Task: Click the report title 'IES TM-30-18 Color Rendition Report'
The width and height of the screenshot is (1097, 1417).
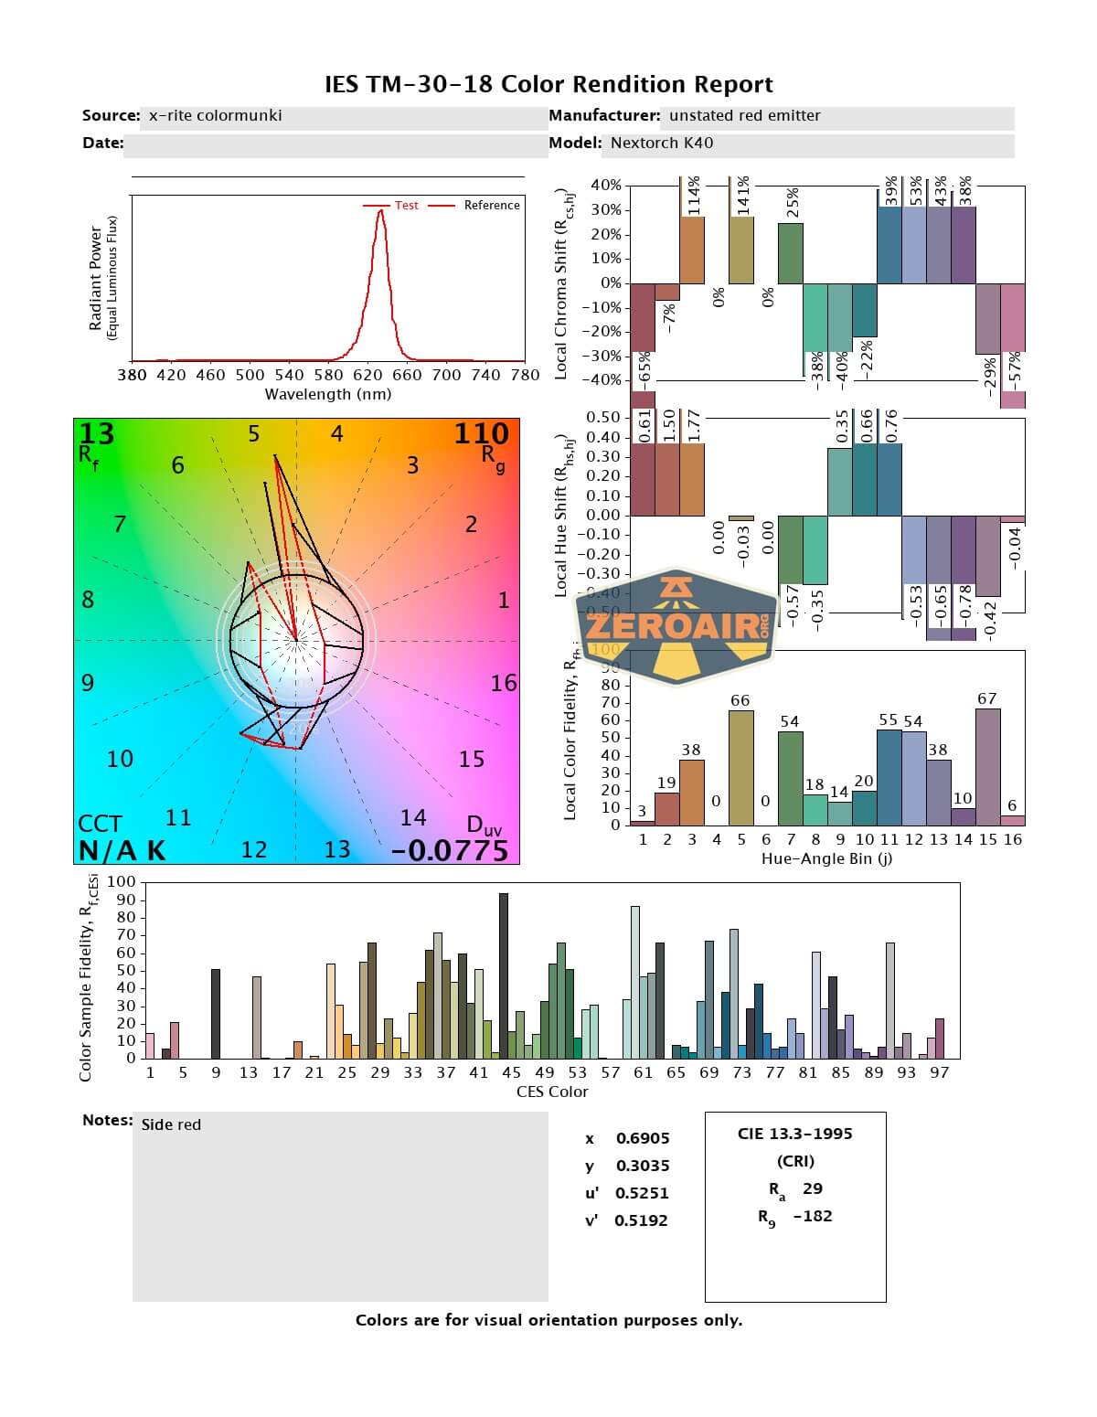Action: pyautogui.click(x=548, y=85)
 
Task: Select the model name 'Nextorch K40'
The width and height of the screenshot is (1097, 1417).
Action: pyautogui.click(x=662, y=143)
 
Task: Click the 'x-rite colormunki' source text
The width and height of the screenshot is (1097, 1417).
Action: pyautogui.click(x=215, y=116)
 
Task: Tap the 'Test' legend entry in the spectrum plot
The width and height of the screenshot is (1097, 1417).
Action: pyautogui.click(x=406, y=206)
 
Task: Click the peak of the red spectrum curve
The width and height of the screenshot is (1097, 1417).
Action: pyautogui.click(x=380, y=211)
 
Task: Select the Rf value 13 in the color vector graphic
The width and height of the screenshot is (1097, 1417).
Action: pyautogui.click(x=97, y=433)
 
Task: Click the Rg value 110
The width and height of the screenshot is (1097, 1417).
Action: pyautogui.click(x=481, y=433)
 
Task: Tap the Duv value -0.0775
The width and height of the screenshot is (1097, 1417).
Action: pyautogui.click(x=450, y=850)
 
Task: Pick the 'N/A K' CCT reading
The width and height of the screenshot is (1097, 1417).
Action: pyautogui.click(x=122, y=850)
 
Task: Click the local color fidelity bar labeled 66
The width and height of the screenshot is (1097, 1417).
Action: pyautogui.click(x=740, y=767)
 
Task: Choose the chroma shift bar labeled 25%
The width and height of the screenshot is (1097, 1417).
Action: pyautogui.click(x=791, y=253)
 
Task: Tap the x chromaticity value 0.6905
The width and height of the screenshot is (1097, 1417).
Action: pyautogui.click(x=643, y=1138)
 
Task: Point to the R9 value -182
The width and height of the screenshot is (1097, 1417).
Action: pyautogui.click(x=813, y=1216)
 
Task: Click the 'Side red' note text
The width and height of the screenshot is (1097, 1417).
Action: pyautogui.click(x=171, y=1124)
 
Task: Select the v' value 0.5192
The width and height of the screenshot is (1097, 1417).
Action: pyautogui.click(x=641, y=1220)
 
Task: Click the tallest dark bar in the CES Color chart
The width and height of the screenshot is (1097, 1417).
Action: pyautogui.click(x=504, y=975)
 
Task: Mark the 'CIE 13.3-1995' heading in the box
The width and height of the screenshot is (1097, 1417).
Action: pyautogui.click(x=794, y=1134)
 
